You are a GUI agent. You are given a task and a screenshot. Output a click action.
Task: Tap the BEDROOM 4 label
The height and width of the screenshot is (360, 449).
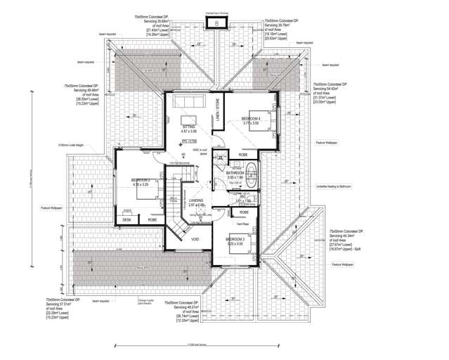[251, 118]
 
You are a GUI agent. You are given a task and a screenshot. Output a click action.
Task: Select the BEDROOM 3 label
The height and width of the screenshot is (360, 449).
[235, 240]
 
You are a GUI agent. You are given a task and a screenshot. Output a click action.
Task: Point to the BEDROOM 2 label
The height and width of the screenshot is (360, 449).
[141, 181]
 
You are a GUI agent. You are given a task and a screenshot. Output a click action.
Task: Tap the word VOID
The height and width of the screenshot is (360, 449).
[195, 239]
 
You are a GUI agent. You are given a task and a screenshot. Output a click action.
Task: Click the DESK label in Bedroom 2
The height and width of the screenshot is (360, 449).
[126, 220]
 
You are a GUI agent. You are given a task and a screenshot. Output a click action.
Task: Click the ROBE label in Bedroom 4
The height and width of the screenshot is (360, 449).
[243, 154]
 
